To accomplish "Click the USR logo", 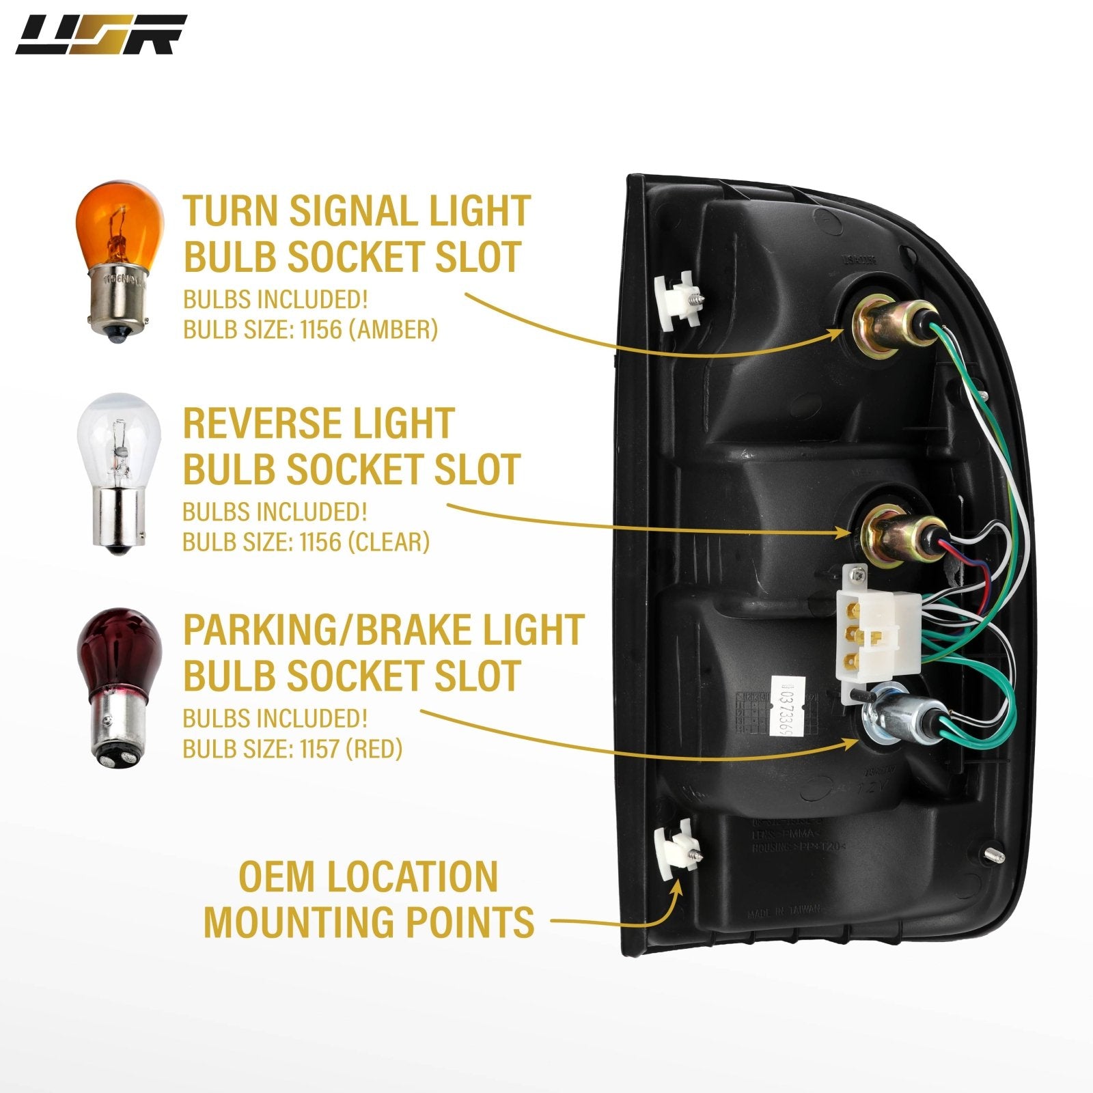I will pos(100,35).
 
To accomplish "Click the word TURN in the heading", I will pos(230,211).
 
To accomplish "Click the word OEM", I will pos(277,876).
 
